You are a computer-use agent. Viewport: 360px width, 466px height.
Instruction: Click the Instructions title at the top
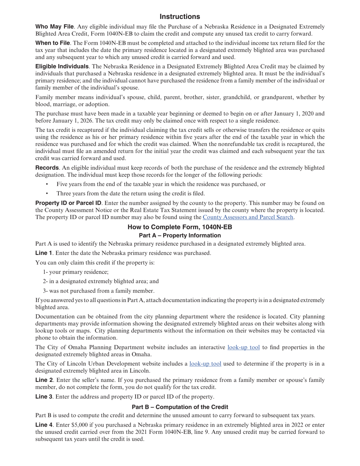click(180, 17)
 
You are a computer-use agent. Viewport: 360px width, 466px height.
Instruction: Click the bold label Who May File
click(54, 27)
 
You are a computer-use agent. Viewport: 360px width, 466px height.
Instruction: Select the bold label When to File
click(52, 43)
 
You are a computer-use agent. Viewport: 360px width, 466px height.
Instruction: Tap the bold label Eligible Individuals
click(62, 67)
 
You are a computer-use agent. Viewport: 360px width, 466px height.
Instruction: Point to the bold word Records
click(47, 168)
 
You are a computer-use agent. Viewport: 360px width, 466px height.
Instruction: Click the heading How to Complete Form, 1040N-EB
click(180, 227)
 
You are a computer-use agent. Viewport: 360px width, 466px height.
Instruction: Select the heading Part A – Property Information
click(180, 235)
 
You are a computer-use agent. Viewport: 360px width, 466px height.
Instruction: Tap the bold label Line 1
click(44, 253)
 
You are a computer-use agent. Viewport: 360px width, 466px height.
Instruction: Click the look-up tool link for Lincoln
click(205, 364)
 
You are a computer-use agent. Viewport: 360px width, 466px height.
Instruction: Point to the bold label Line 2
click(44, 380)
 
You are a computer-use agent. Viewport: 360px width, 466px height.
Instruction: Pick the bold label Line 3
click(44, 397)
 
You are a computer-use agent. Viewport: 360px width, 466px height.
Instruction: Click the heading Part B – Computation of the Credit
click(180, 407)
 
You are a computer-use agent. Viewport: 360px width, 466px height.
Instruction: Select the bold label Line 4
click(44, 425)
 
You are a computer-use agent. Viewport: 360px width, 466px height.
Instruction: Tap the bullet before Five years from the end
click(47, 184)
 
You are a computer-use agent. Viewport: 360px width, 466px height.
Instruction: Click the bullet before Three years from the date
click(47, 193)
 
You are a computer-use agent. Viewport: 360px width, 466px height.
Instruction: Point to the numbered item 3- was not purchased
click(99, 291)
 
